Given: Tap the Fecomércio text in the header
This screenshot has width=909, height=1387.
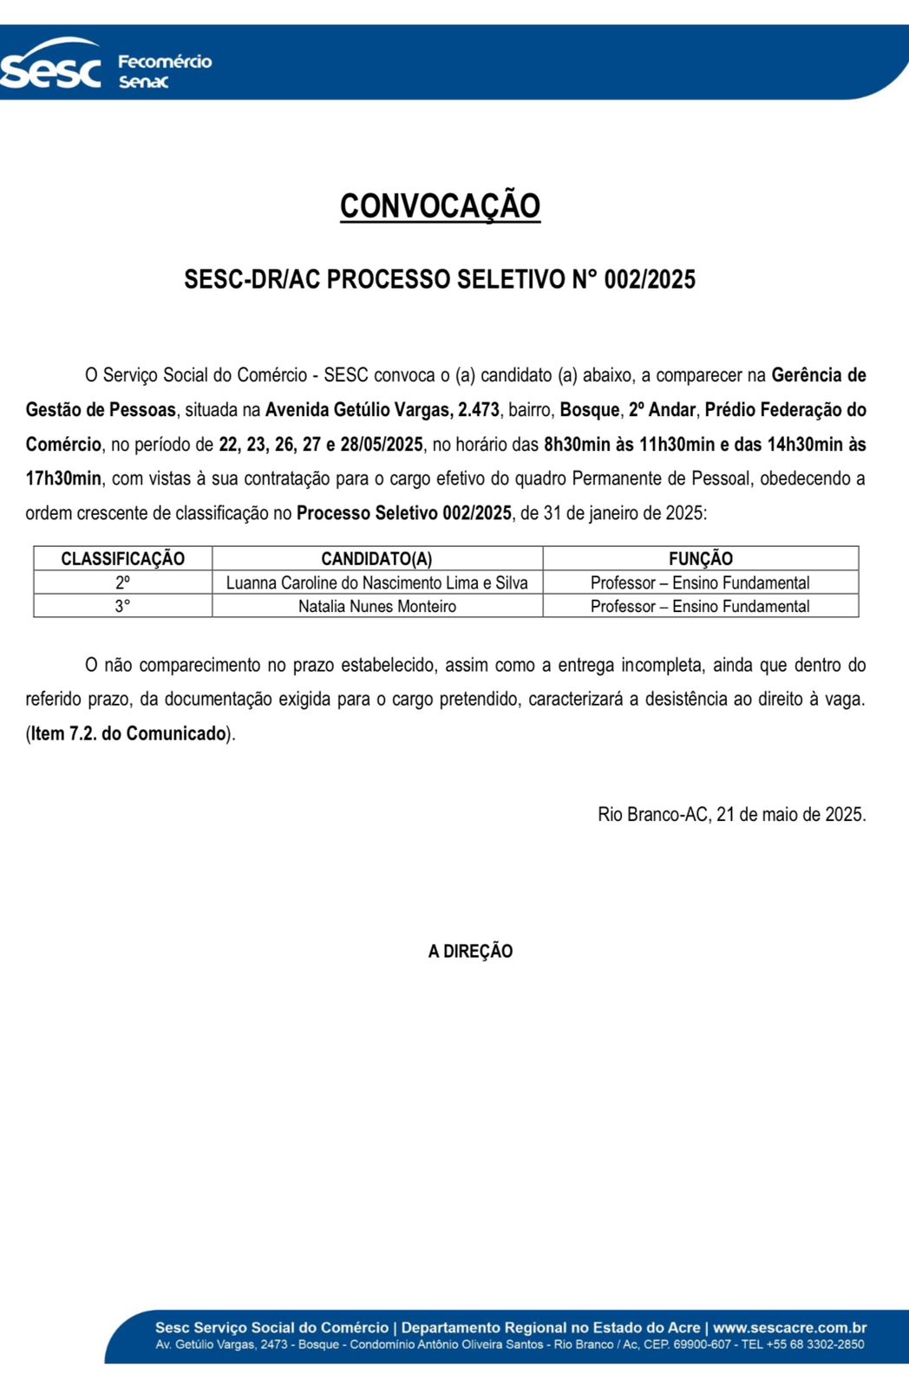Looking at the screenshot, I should click(165, 62).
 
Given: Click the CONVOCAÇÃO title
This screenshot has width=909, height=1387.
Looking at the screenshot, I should click(440, 206).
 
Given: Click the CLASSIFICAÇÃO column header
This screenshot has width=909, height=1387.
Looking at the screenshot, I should click(122, 559).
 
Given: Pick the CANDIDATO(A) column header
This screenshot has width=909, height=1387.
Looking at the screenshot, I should click(376, 559).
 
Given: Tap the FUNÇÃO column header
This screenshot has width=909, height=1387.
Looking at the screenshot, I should click(700, 559).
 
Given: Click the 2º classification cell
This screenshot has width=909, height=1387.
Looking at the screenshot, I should click(122, 583).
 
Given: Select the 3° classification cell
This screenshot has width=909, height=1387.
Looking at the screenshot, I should click(122, 607).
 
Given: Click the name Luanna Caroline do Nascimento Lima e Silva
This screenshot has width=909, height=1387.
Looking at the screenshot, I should click(376, 583).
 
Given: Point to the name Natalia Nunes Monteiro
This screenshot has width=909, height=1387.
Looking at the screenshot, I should click(376, 607).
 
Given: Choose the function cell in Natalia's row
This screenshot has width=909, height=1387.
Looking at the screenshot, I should click(700, 607).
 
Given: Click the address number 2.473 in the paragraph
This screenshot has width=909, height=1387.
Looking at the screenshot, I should click(479, 410).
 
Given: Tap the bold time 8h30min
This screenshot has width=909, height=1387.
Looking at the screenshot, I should click(577, 445).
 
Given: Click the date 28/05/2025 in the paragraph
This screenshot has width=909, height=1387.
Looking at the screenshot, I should click(382, 445).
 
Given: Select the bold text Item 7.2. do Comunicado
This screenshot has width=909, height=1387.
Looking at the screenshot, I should click(128, 733).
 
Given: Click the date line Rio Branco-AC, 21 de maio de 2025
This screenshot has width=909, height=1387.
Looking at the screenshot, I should click(731, 815).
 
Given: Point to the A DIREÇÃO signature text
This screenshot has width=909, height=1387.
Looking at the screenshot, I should click(470, 951).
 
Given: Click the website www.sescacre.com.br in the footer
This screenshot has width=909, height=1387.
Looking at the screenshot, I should click(789, 1327).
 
